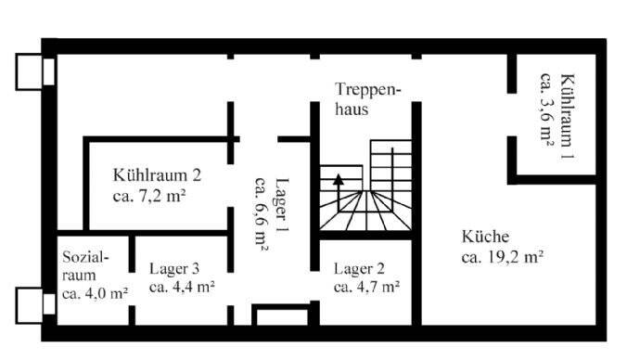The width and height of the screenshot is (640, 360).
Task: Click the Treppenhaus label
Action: point(368,98)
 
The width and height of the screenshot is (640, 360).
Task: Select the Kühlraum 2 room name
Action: point(158,174)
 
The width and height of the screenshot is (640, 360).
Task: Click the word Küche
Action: point(485,237)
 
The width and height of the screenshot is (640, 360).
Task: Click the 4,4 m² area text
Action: point(182,288)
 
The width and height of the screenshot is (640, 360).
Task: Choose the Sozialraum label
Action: point(85,265)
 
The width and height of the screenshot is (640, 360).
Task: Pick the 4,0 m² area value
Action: point(95,294)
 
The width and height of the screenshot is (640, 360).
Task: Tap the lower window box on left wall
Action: point(31,302)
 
